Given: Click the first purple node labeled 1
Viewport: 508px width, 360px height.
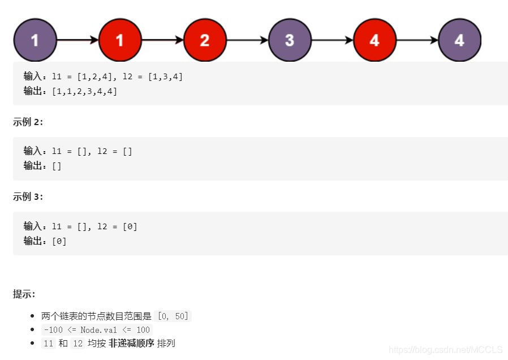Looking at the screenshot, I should (x=35, y=40).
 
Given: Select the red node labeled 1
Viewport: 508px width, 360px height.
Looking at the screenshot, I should (x=120, y=40).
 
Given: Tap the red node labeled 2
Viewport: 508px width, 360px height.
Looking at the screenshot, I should (x=205, y=40).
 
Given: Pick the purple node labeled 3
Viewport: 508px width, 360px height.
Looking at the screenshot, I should (x=290, y=40).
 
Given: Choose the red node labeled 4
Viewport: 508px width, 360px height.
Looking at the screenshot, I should (x=374, y=40).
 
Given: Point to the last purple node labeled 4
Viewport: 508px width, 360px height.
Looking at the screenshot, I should (x=459, y=40).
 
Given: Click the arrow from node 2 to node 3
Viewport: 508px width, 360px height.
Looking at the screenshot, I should (x=247, y=40).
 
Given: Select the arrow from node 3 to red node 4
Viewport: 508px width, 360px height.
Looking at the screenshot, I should (x=332, y=40).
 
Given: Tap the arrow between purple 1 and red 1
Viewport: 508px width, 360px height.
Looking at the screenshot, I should (x=78, y=40).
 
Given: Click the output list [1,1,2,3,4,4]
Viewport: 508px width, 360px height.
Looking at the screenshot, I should (x=84, y=91).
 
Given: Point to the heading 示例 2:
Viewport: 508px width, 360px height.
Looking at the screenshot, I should (x=28, y=122).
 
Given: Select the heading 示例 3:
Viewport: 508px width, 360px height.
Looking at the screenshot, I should (x=28, y=196).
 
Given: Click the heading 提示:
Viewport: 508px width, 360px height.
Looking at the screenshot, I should (x=24, y=294).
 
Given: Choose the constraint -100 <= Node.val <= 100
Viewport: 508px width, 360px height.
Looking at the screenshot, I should (x=97, y=329).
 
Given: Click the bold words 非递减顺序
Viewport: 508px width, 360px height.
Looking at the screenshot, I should (x=131, y=343).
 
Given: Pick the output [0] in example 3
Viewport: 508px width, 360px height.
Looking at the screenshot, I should (x=59, y=241).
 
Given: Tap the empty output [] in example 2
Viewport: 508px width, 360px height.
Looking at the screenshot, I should (x=57, y=166).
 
